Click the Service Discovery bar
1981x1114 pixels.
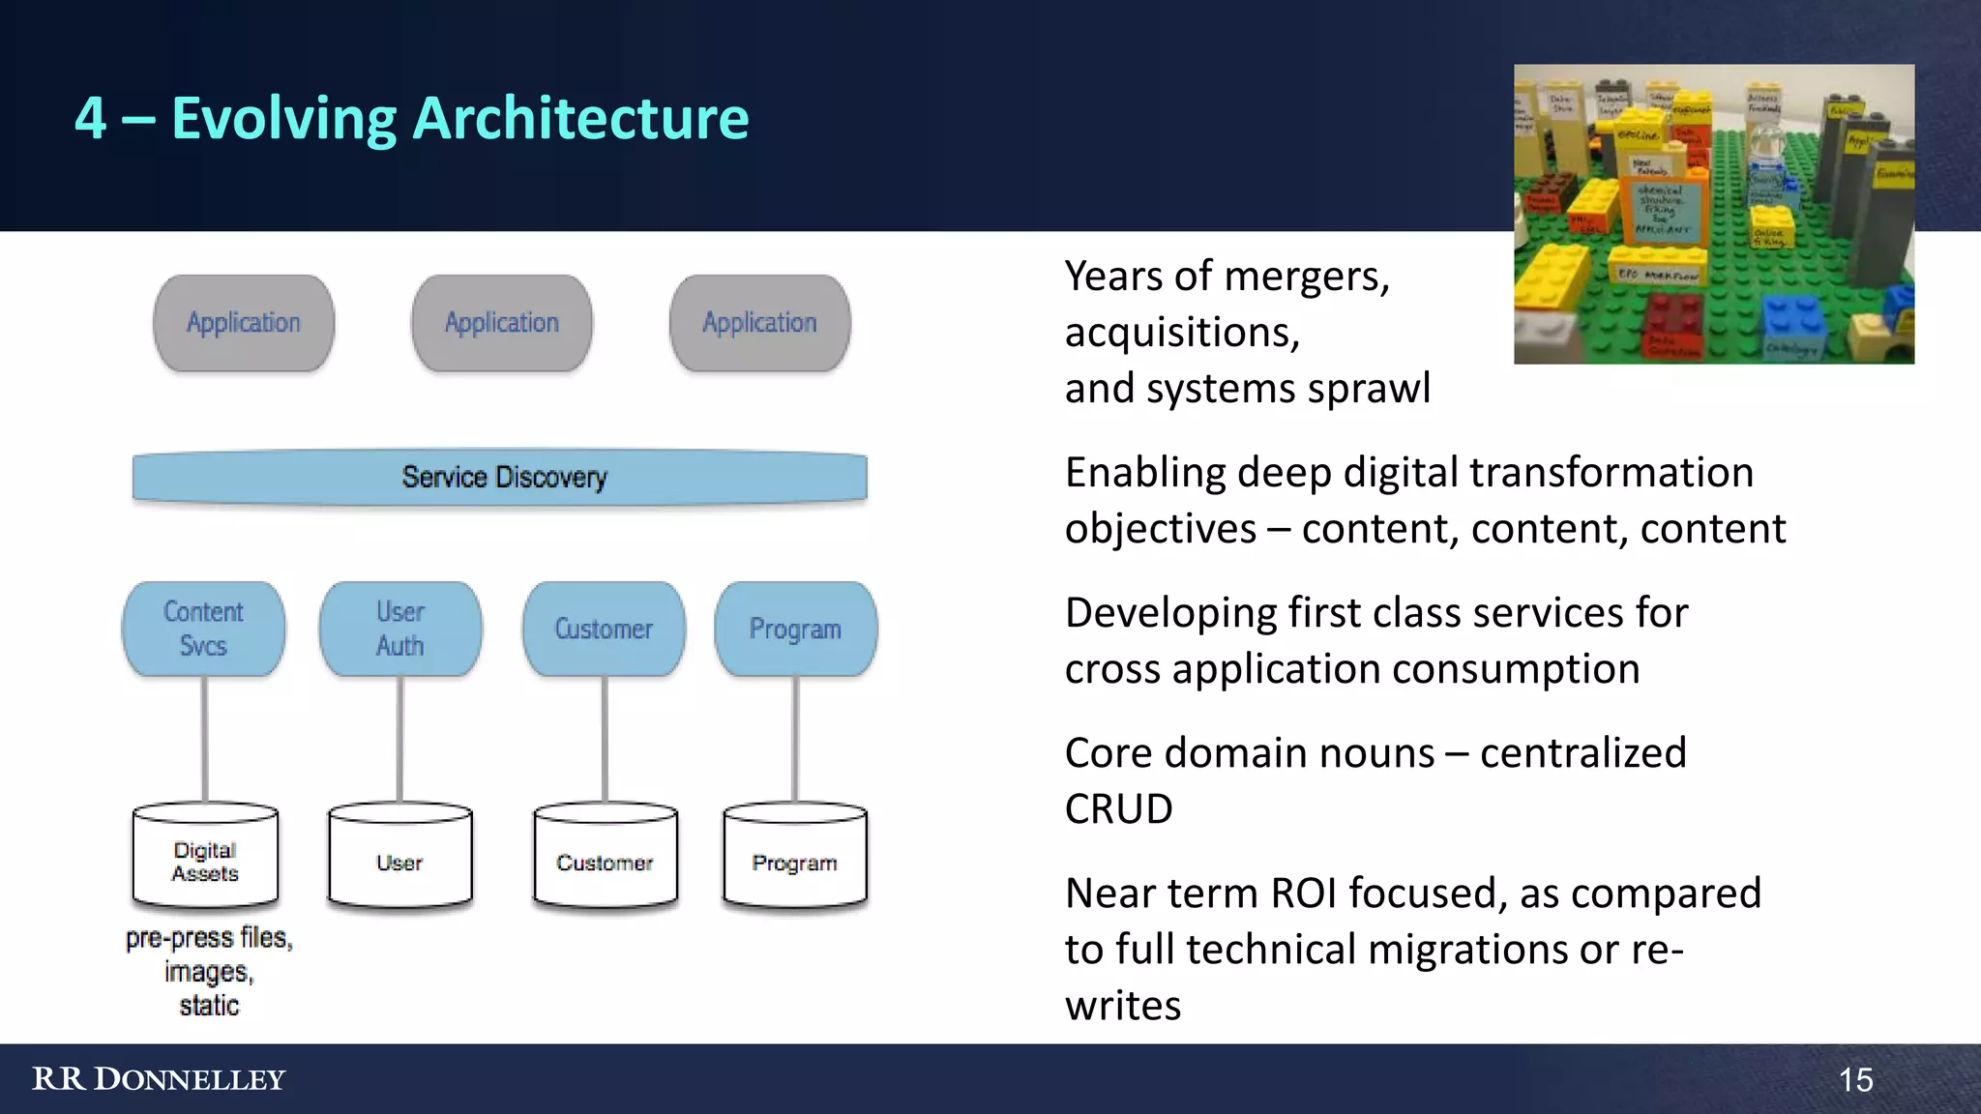(x=500, y=477)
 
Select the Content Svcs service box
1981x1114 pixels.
(x=204, y=629)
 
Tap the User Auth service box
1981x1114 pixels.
(x=400, y=629)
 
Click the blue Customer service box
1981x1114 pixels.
(x=604, y=629)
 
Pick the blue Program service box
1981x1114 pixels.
(x=795, y=629)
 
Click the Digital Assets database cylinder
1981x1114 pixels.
(x=205, y=859)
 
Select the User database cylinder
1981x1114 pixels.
(x=399, y=859)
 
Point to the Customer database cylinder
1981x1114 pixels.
(x=605, y=859)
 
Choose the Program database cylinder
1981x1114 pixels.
(x=794, y=859)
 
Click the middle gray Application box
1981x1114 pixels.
(x=502, y=323)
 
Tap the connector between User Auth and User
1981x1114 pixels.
(x=399, y=740)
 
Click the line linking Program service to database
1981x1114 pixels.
(x=795, y=740)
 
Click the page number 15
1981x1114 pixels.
(x=1855, y=1079)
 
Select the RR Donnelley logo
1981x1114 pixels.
(x=159, y=1079)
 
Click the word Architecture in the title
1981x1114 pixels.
(x=580, y=118)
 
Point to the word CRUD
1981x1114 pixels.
(x=1118, y=808)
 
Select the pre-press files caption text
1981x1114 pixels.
(x=209, y=938)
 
